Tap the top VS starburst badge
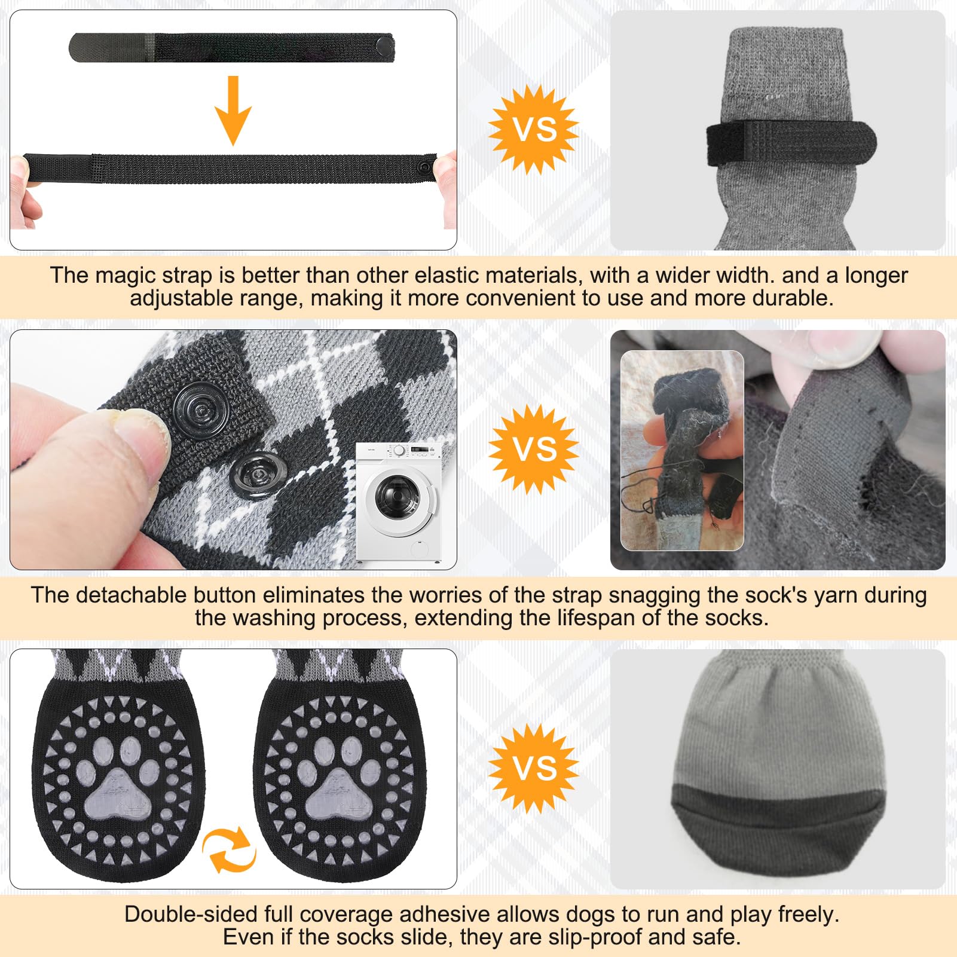pos(533,130)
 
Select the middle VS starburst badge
pos(533,449)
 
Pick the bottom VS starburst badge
pos(533,768)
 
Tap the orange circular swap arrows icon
pos(230,849)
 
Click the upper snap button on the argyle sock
pos(200,409)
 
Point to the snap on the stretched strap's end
pos(426,164)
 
